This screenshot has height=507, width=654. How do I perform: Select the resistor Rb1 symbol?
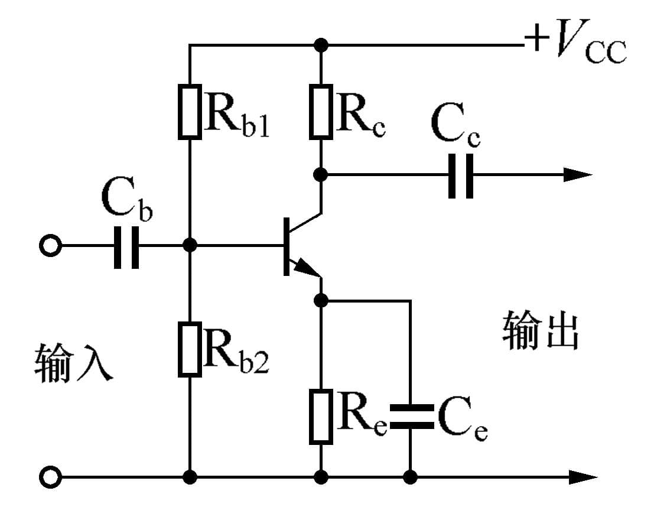[x=190, y=110]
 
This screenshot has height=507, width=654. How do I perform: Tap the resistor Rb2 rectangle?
[x=190, y=349]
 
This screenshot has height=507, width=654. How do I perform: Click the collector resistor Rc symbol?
[x=321, y=110]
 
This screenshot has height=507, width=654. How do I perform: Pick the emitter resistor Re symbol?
[x=321, y=416]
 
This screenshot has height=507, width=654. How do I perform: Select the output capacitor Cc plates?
[x=460, y=175]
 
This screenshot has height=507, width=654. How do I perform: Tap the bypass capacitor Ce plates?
[x=409, y=416]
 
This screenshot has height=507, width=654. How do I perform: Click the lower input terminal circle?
[x=51, y=476]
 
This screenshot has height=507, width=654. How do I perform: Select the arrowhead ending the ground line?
[x=583, y=476]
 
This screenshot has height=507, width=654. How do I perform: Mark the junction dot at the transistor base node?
[x=190, y=245]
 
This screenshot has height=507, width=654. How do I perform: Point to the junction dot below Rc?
[x=321, y=175]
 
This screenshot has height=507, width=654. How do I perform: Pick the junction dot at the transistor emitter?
[x=321, y=300]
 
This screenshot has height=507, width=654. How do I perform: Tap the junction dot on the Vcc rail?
[x=321, y=44]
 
